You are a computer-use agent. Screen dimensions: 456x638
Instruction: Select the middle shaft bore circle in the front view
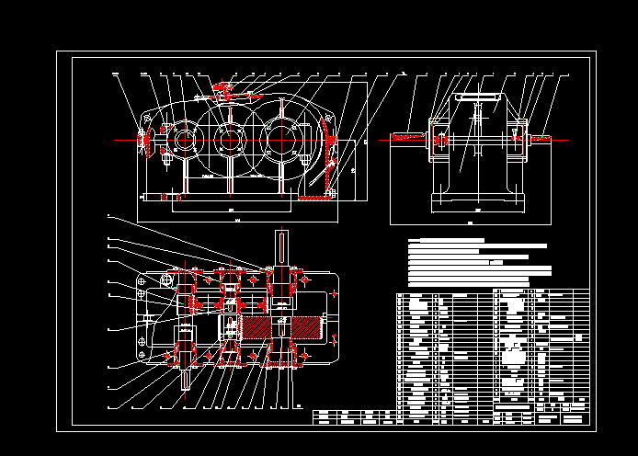tap(227, 141)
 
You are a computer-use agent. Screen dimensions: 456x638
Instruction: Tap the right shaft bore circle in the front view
tap(279, 141)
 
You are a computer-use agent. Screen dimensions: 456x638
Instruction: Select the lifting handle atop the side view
tap(478, 96)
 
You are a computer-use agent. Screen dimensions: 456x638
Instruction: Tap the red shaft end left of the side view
tap(408, 138)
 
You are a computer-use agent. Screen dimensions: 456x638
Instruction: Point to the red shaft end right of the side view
tap(542, 138)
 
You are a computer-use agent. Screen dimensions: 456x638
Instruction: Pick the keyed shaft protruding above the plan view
tap(281, 249)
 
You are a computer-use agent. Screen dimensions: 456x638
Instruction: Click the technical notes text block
tap(478, 262)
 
